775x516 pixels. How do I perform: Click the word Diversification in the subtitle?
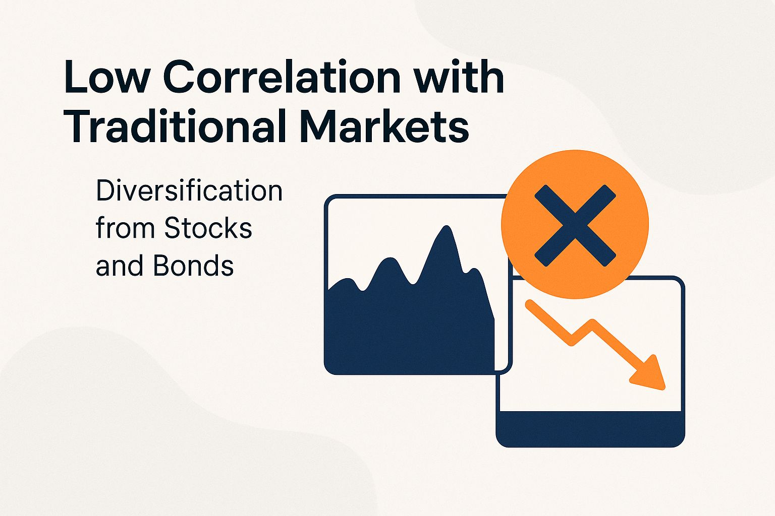coord(189,191)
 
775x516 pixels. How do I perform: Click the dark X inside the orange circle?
coord(575,225)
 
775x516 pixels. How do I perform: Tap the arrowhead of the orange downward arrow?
coord(651,375)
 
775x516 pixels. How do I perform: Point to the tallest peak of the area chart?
coord(446,229)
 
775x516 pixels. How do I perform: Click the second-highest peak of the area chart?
coord(388,262)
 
